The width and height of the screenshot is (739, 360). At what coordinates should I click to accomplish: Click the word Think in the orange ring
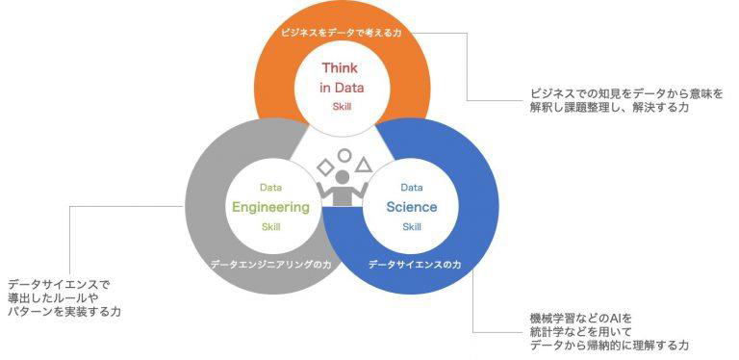(340, 67)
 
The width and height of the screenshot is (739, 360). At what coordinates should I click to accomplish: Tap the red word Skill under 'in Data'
(342, 107)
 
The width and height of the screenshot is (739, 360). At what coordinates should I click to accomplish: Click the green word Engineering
(270, 207)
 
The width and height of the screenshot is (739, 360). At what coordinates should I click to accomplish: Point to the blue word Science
(412, 206)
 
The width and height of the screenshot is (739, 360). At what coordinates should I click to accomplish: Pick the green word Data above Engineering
(271, 188)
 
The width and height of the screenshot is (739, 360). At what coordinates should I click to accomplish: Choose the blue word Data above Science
(412, 188)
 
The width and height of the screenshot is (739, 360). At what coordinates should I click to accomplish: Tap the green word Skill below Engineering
(271, 227)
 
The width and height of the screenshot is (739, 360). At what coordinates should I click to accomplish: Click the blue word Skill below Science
(412, 227)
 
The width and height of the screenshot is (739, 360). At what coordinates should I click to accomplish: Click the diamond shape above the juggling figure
(325, 167)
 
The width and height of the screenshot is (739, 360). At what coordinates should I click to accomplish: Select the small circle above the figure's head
(345, 156)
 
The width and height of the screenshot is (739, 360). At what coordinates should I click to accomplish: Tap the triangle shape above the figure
(364, 165)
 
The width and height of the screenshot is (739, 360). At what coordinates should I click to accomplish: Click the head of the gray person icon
(344, 178)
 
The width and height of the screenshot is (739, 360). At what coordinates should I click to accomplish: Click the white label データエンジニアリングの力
(270, 265)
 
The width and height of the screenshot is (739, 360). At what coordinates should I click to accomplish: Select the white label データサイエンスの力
(415, 265)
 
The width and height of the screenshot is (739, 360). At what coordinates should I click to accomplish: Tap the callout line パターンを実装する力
(64, 312)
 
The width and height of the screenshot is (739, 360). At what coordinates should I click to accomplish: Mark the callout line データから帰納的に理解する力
(609, 346)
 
